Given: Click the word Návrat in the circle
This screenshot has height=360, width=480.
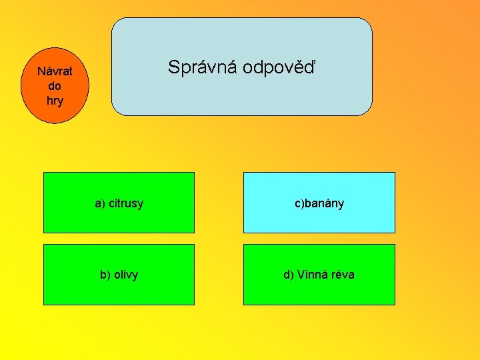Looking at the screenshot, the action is pos(55,71).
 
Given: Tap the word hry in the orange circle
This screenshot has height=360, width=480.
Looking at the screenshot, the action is pos(55,101).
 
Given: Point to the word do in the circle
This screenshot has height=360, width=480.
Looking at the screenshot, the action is pos(55,86).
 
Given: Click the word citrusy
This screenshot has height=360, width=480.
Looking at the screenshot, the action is pos(126,203).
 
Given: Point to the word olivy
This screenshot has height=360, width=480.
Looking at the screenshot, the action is pos(126,275).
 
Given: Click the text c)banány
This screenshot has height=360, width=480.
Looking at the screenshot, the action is pos(320,203).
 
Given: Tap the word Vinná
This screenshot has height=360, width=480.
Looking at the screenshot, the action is pos(312,275).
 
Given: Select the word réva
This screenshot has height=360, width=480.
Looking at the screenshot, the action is pos(342,275).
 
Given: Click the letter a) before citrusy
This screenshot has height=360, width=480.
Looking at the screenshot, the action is pos(100,203).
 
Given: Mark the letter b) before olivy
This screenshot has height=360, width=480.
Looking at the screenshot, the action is pos(105,275).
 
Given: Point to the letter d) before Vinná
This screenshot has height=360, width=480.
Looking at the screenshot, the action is pos(289,275).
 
